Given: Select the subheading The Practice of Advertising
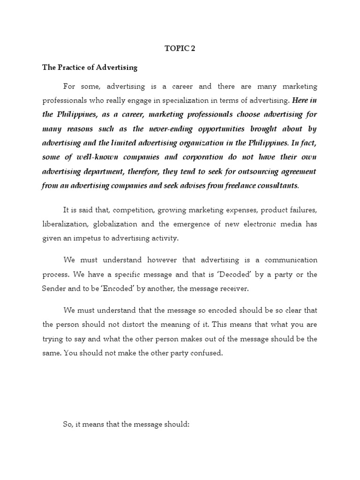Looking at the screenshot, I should [x=90, y=67].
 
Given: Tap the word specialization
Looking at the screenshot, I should [x=195, y=101].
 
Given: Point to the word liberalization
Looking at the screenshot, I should [x=63, y=224].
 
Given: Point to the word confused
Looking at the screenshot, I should [x=204, y=353].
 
